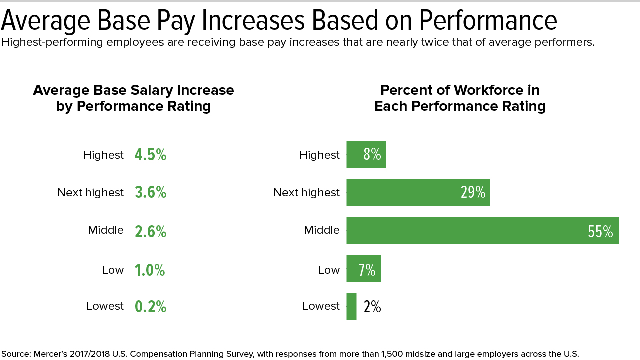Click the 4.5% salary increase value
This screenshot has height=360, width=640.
point(150,155)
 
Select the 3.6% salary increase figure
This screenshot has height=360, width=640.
point(150,192)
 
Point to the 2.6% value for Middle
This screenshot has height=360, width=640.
point(150,231)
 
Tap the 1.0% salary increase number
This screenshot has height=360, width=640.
point(149,270)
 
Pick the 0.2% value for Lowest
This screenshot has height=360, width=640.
point(150,306)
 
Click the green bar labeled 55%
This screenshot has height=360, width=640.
point(482,231)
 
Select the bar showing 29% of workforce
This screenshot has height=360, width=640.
point(418,192)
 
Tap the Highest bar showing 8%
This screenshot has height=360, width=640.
point(366,155)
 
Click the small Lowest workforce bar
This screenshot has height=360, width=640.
point(351,306)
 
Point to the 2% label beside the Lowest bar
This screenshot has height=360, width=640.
point(372,306)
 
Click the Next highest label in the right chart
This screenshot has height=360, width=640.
point(306,193)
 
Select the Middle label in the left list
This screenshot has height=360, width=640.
point(106,230)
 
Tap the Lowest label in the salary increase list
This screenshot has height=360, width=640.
point(105,306)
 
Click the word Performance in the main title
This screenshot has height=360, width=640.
point(488,20)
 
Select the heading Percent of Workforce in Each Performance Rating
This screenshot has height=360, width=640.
point(460,98)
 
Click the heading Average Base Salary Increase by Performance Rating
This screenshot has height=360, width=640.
point(133,98)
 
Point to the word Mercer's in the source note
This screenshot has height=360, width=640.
point(51,354)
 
